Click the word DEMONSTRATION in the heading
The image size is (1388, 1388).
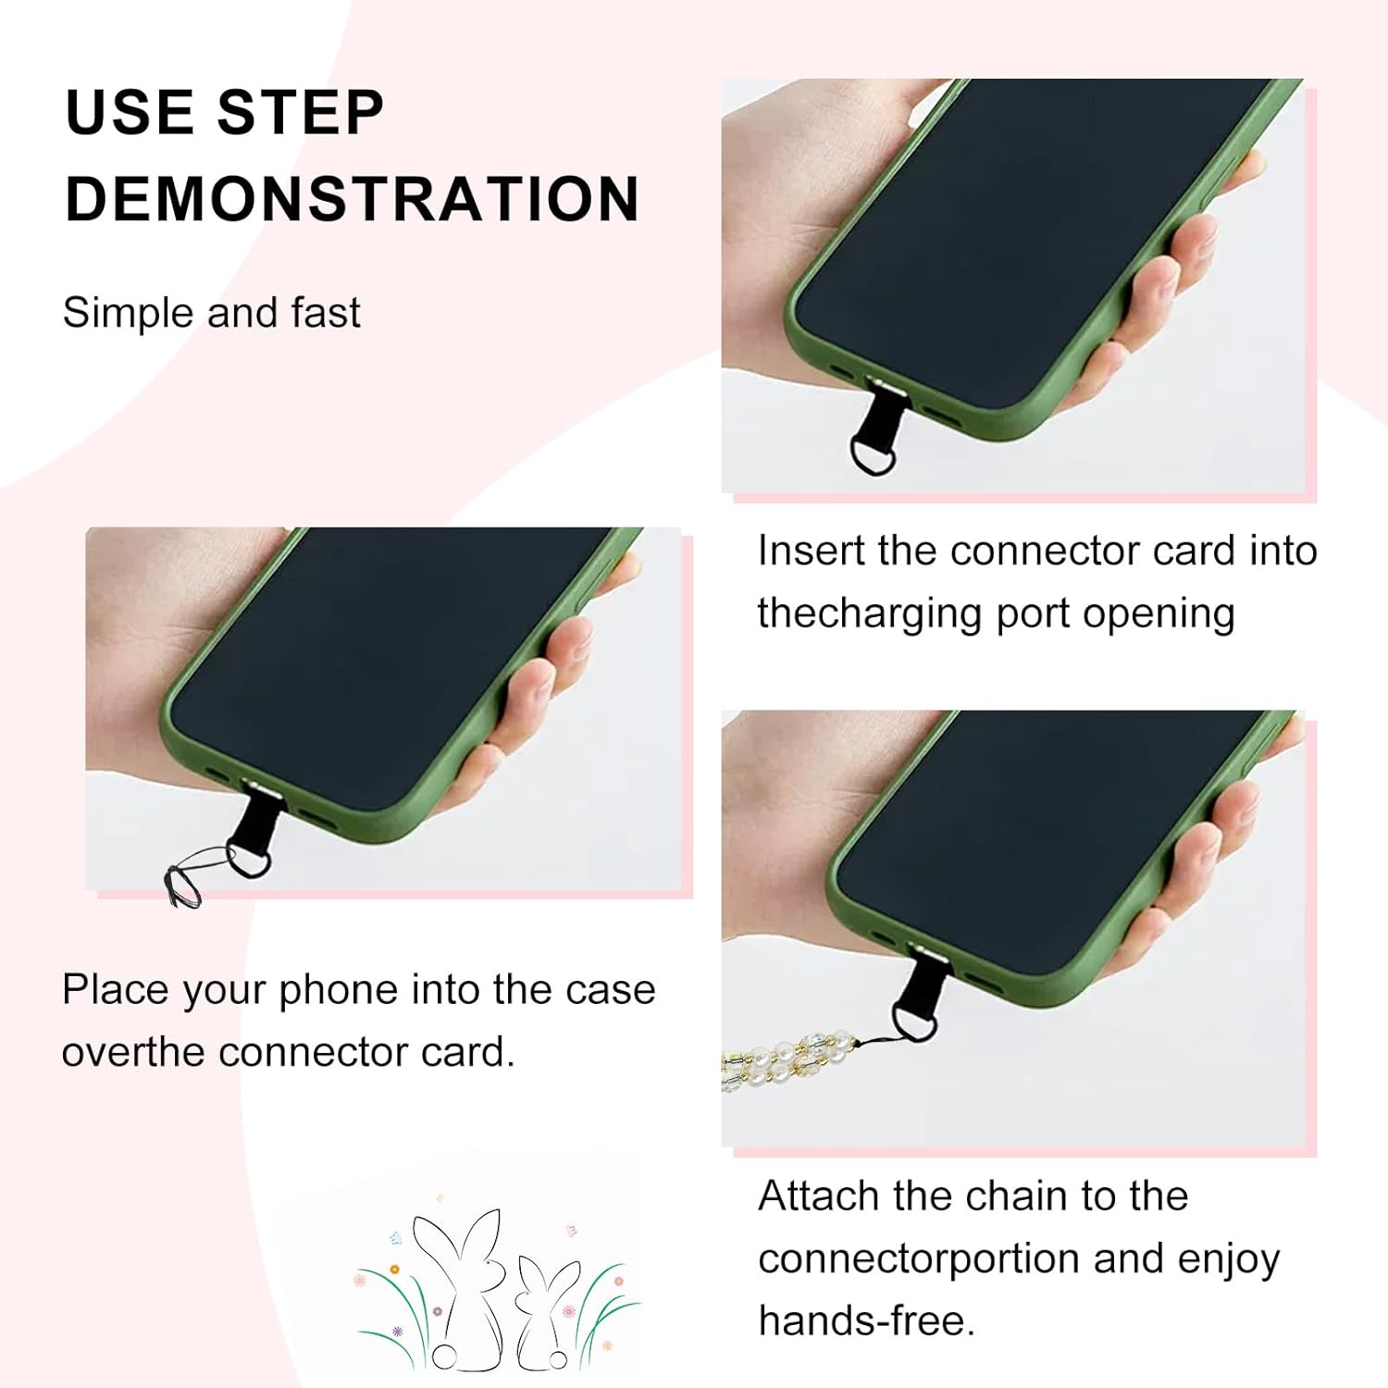[353, 199]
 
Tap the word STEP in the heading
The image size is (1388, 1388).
[301, 113]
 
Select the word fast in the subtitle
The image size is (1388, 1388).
[325, 312]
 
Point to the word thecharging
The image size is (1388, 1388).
[869, 613]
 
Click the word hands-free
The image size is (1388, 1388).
[867, 1320]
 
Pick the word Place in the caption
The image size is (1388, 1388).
[116, 989]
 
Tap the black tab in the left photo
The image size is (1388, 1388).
[249, 829]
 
